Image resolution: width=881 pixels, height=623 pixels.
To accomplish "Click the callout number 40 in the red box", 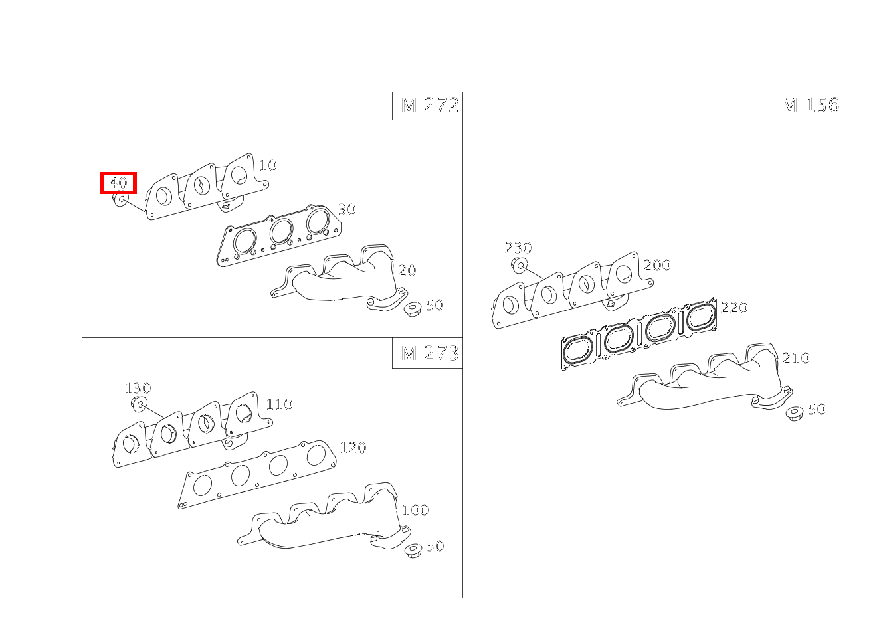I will (118, 183).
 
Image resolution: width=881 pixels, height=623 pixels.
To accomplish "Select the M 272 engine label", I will (430, 105).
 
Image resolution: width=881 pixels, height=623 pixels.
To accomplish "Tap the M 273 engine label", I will (430, 353).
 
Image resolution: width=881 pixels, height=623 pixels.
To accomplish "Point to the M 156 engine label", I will (811, 105).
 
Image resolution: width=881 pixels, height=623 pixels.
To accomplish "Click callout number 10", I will (267, 165).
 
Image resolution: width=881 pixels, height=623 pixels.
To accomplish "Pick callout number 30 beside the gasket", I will (346, 209).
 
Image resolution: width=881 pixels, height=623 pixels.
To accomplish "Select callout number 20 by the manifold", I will (407, 270).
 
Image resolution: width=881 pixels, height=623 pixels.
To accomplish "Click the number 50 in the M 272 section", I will (434, 305).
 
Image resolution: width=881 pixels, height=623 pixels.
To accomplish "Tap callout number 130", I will (138, 388).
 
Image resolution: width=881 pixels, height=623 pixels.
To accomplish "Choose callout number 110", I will (279, 404).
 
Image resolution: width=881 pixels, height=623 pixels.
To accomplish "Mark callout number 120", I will (353, 448).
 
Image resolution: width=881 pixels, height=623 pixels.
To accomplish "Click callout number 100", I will (415, 510).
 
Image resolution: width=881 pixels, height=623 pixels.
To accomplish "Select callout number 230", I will (518, 248).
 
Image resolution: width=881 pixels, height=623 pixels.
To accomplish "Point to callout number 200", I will (657, 265).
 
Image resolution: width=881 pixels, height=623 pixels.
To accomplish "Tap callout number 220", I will (734, 308).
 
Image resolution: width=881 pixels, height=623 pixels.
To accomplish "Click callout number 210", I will (796, 358).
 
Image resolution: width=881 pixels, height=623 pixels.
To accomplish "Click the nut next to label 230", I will (519, 266).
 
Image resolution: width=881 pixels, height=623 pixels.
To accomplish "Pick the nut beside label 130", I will (138, 404).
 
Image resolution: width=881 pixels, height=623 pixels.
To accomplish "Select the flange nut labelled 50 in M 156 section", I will (793, 414).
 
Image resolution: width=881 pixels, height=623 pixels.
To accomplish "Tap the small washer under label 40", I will (121, 199).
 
